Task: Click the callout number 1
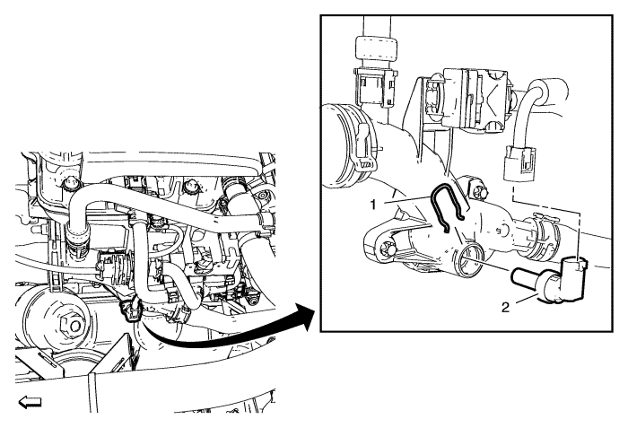pyautogui.click(x=373, y=205)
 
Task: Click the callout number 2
pyautogui.click(x=505, y=308)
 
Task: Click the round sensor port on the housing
pyautogui.click(x=471, y=262)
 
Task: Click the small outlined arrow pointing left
pyautogui.click(x=30, y=401)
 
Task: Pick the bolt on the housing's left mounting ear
pyautogui.click(x=387, y=249)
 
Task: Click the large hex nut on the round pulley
pyautogui.click(x=72, y=327)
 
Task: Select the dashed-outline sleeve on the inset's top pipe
pyautogui.click(x=376, y=48)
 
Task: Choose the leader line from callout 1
pyautogui.click(x=406, y=200)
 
